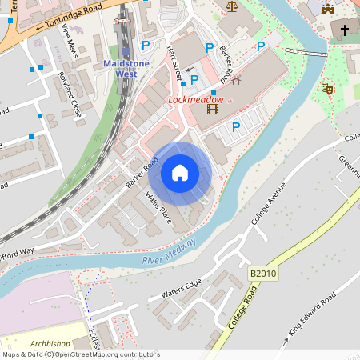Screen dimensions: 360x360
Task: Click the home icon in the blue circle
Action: [180, 173]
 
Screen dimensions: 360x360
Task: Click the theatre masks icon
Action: [326, 89]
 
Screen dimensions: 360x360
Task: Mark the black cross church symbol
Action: [345, 30]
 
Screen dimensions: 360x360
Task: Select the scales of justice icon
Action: [232, 6]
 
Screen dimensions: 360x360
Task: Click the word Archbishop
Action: [50, 343]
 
